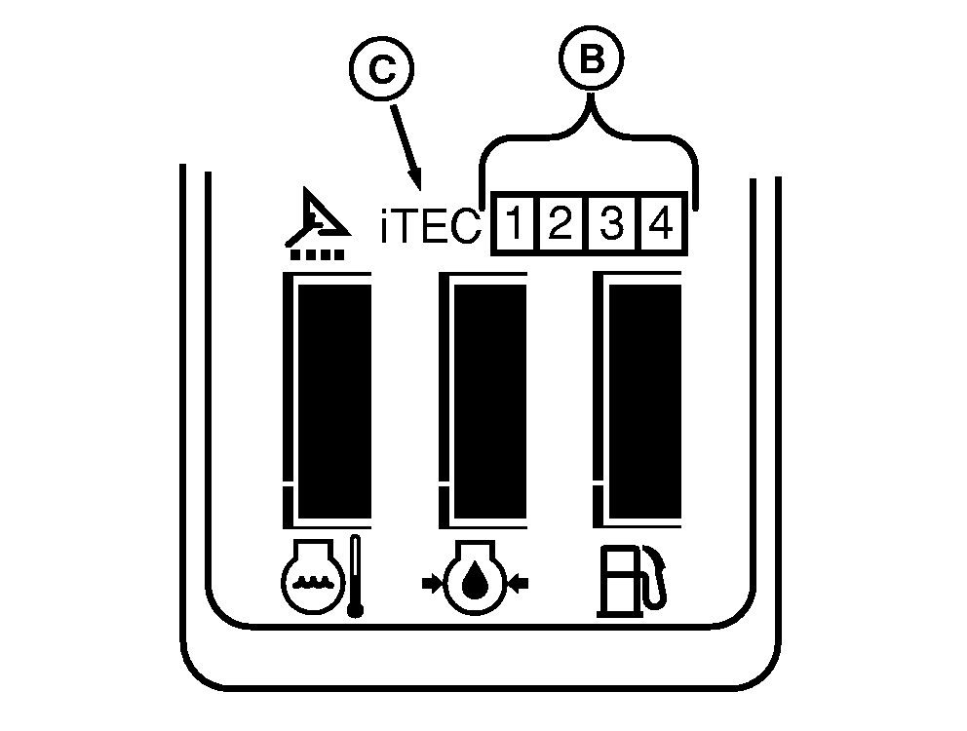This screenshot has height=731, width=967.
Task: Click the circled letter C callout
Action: [382, 68]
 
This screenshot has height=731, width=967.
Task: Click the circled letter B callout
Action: [592, 58]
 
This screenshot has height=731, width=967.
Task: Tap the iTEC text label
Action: [431, 226]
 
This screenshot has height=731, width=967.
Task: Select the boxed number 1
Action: [515, 222]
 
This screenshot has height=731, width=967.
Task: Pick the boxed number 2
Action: [561, 222]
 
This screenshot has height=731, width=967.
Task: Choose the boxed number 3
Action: [611, 222]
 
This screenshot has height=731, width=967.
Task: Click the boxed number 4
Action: [661, 222]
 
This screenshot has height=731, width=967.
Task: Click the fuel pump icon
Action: [632, 581]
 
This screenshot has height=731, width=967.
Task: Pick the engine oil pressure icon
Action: [475, 578]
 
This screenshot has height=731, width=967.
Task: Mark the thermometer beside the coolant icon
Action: [355, 576]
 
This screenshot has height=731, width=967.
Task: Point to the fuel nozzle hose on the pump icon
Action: [656, 578]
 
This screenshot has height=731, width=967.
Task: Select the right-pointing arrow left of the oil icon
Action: [432, 583]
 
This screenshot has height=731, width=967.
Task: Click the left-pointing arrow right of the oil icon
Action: [518, 583]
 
